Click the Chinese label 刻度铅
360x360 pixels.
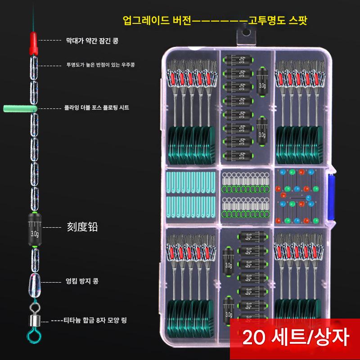coord(82,228)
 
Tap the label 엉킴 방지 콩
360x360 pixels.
coord(82,281)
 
